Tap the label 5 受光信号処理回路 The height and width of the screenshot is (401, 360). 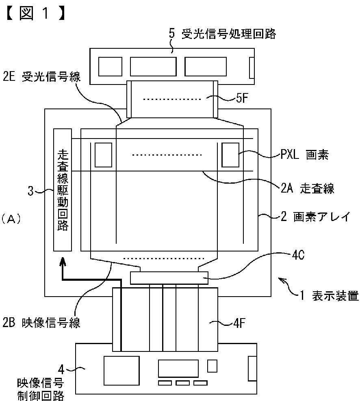(x=222, y=34)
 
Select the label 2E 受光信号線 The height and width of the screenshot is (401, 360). (x=41, y=77)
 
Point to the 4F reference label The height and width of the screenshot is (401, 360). (x=240, y=323)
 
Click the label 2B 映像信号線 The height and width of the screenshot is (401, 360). (x=41, y=323)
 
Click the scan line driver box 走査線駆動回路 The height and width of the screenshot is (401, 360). (x=63, y=190)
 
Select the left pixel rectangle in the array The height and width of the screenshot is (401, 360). (x=103, y=155)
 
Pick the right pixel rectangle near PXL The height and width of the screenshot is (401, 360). (x=230, y=155)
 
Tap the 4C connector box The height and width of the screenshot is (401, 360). (x=169, y=278)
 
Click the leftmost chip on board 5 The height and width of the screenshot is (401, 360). (x=110, y=67)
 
